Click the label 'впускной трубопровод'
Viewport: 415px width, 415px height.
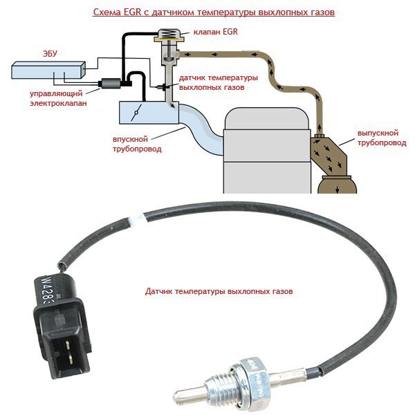click(127, 142)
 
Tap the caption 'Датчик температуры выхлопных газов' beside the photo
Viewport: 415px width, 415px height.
click(219, 293)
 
